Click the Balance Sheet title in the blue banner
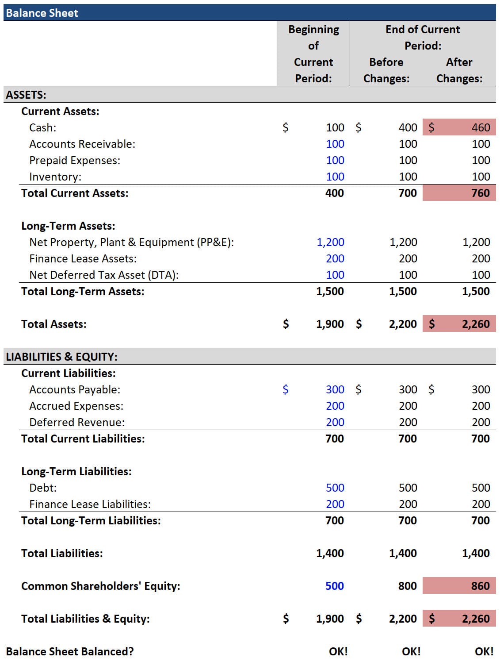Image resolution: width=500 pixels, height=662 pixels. tap(42, 13)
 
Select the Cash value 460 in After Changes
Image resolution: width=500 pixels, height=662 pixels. tap(480, 127)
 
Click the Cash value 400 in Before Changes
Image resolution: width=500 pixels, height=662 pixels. tap(408, 127)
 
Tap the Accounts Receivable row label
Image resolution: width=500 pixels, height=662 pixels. tap(82, 144)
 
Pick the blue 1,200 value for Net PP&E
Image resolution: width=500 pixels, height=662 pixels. tap(330, 242)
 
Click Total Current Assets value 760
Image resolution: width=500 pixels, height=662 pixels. tap(480, 193)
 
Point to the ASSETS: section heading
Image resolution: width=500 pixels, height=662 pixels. tap(26, 95)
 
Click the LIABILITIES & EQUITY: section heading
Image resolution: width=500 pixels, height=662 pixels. tap(61, 357)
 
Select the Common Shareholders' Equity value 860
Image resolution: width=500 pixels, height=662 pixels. tap(480, 586)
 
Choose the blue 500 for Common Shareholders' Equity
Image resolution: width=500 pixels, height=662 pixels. tap(334, 586)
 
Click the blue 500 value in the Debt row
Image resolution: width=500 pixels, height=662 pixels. tap(335, 488)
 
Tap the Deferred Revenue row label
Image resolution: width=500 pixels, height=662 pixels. tap(77, 422)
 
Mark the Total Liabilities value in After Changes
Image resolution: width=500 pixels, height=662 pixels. tap(476, 553)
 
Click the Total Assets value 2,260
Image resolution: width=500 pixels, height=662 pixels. tap(476, 324)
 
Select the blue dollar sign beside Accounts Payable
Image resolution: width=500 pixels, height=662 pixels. tap(285, 389)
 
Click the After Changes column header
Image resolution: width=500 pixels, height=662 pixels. tap(459, 70)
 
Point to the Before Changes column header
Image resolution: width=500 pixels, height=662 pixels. tap(386, 70)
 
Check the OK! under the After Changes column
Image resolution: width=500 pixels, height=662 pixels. tap(484, 651)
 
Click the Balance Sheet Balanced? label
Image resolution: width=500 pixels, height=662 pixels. tap(70, 651)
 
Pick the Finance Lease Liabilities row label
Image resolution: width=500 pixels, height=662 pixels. tap(90, 504)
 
